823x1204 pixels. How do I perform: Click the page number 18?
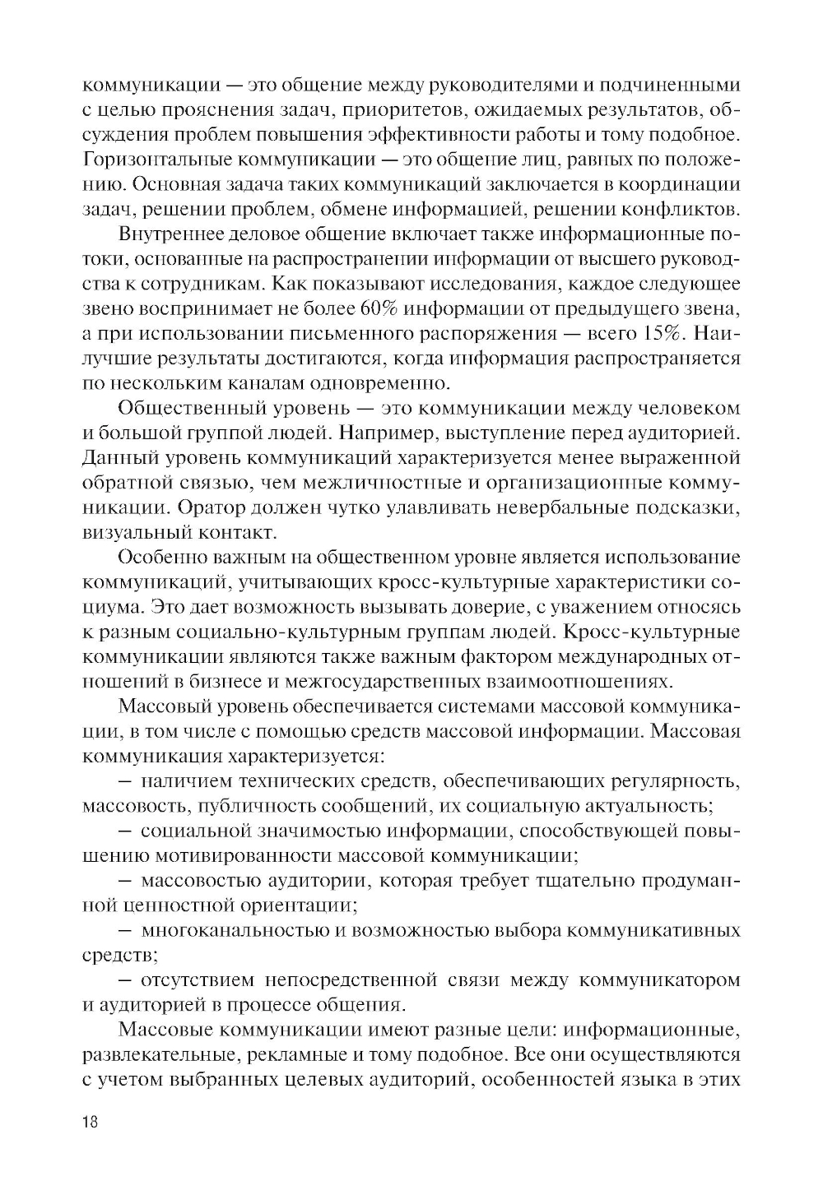pyautogui.click(x=90, y=1124)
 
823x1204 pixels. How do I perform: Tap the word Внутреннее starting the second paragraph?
pyautogui.click(x=169, y=235)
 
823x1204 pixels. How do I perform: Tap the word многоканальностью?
pyautogui.click(x=235, y=931)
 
